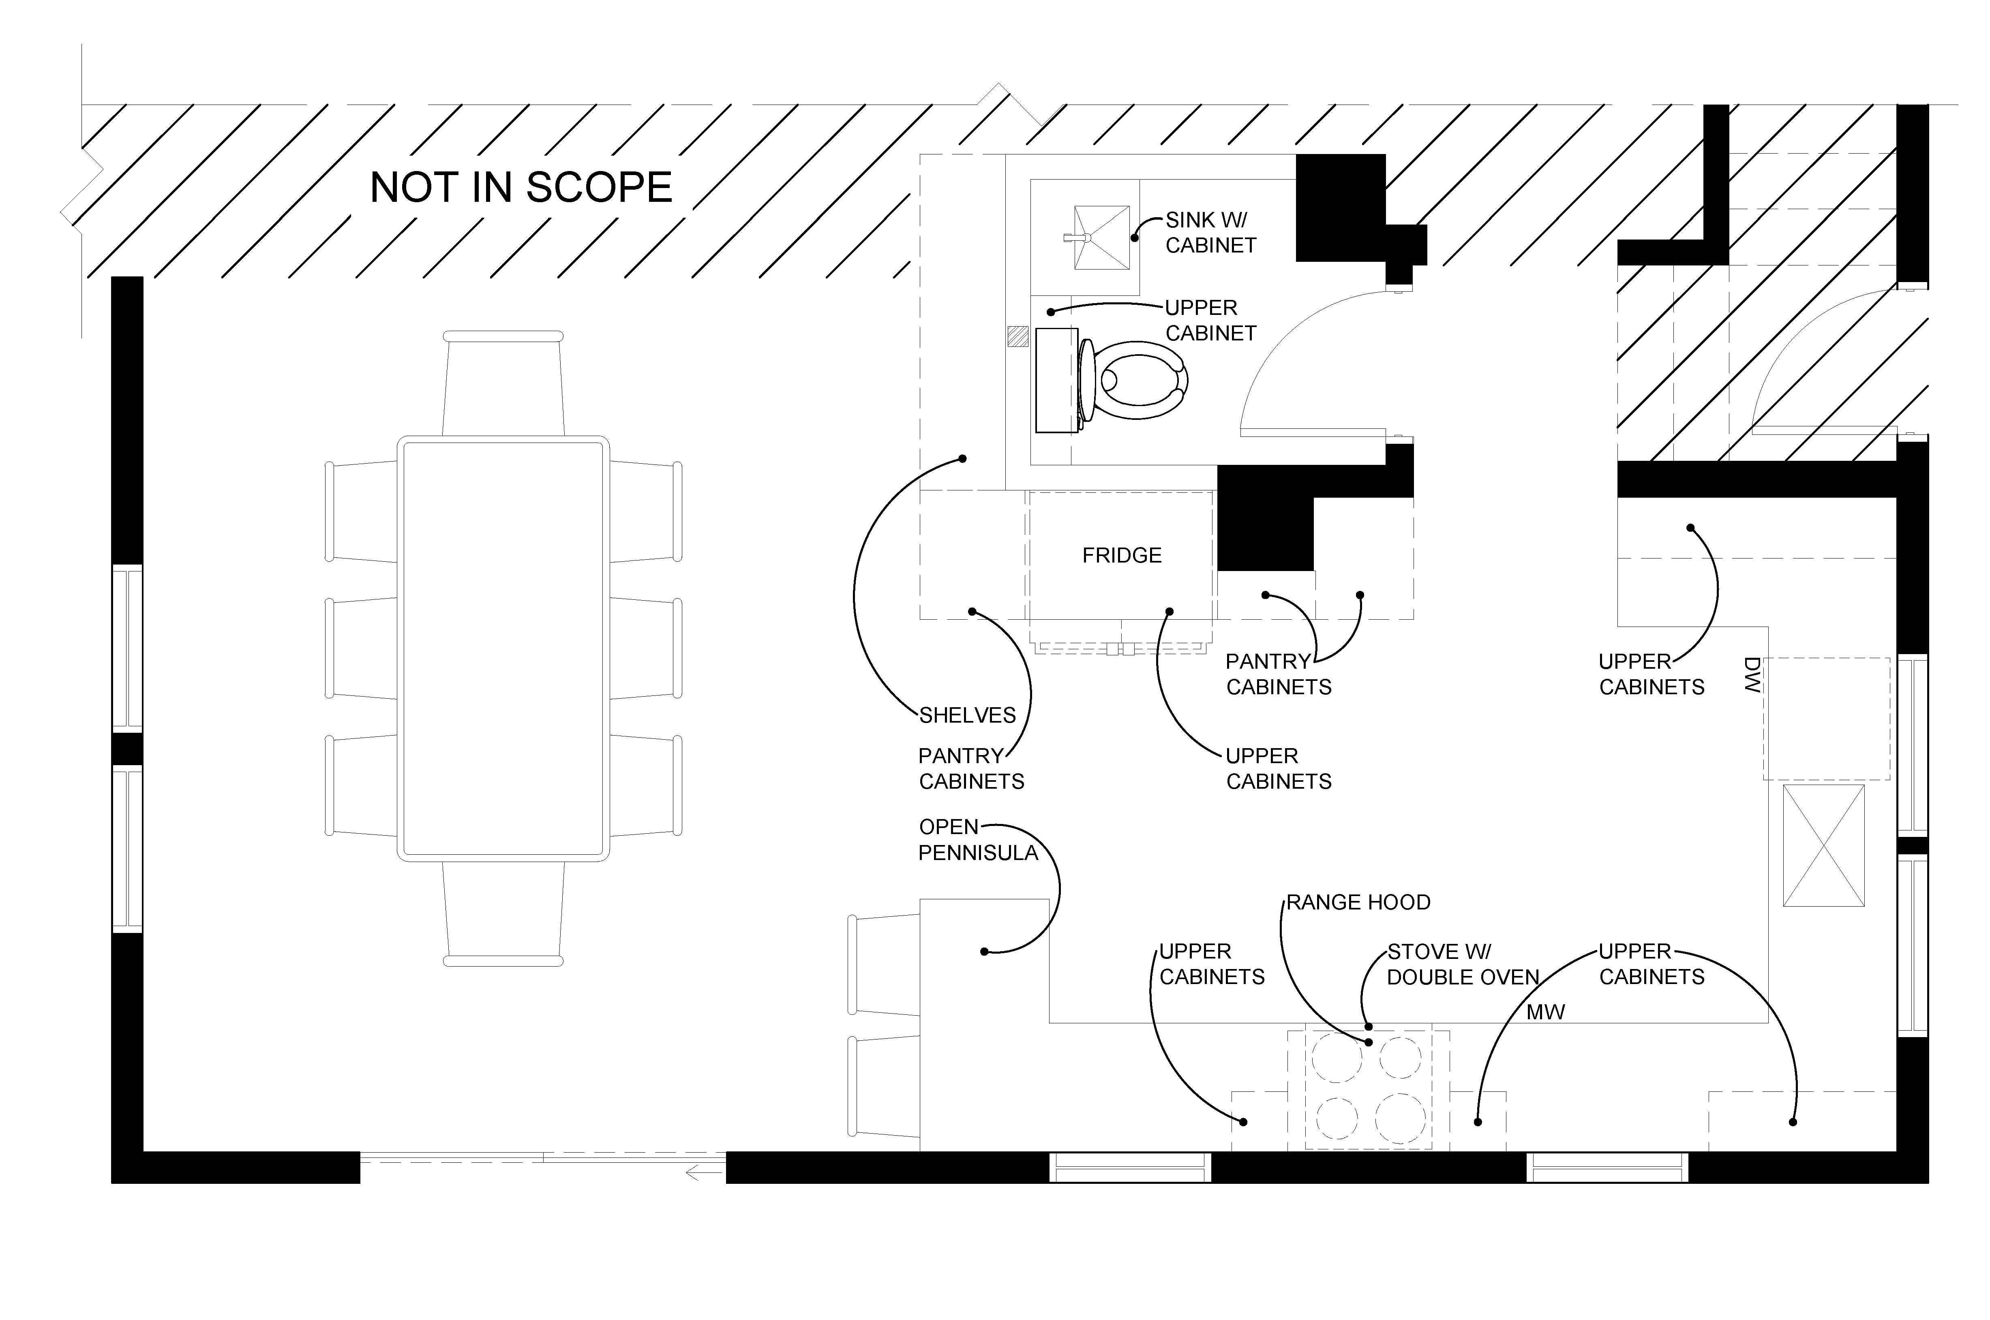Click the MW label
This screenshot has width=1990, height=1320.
[x=1546, y=1012]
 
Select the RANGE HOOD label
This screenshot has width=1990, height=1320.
[x=1358, y=903]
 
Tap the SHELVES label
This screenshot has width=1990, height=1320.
[x=967, y=716]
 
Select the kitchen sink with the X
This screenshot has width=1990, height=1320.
[x=1823, y=845]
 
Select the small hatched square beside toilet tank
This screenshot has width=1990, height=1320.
[x=1018, y=337]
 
